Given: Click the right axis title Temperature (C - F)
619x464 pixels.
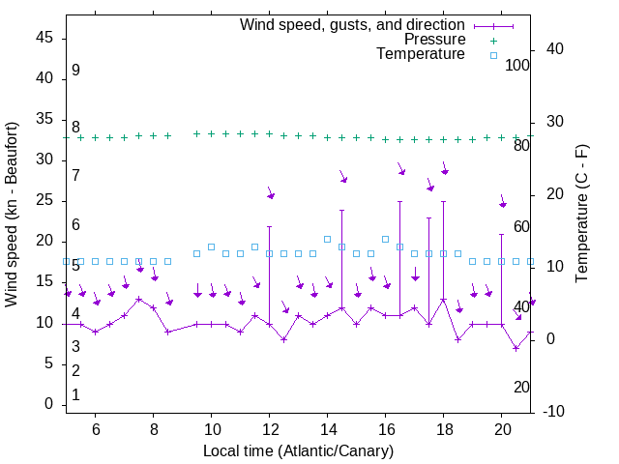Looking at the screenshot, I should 581,215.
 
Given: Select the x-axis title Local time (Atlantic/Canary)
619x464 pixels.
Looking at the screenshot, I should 298,450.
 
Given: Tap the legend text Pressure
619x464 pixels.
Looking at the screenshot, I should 434,40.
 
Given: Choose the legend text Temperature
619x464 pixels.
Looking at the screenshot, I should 421,54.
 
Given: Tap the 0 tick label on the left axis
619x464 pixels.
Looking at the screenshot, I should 52,404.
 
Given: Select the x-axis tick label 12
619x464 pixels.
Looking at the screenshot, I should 270,429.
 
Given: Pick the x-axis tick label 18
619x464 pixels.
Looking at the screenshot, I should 444,429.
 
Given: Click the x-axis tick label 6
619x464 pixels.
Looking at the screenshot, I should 96,429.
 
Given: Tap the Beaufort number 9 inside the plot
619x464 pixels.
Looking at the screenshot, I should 75,71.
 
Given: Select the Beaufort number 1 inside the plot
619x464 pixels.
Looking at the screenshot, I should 75,395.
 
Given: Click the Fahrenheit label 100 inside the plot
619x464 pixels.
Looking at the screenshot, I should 517,65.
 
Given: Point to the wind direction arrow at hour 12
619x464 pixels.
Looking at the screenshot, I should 271,195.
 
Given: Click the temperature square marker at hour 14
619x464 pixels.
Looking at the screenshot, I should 328,239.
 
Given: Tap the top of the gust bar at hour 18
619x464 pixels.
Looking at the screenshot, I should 444,201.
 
